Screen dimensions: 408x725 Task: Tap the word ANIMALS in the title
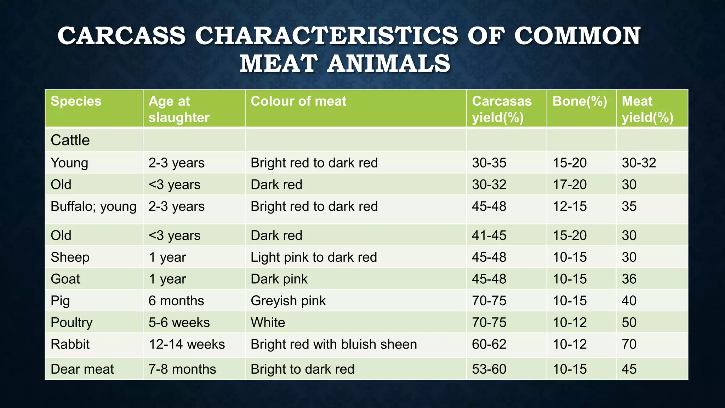(x=388, y=64)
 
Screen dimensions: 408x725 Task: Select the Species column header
(x=76, y=101)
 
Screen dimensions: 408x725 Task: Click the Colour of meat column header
(x=298, y=101)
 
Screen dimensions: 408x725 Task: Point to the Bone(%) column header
(x=580, y=101)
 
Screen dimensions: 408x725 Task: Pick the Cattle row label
(x=70, y=140)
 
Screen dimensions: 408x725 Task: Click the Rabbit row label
(x=70, y=344)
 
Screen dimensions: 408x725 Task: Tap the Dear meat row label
(x=82, y=369)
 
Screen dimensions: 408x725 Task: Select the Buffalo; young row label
(x=93, y=206)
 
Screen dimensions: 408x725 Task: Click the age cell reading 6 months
(x=176, y=301)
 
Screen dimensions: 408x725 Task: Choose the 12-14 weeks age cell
(x=187, y=344)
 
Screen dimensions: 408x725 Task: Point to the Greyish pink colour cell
(x=288, y=301)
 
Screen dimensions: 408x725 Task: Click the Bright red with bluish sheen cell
(x=333, y=344)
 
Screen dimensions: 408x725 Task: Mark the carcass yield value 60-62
(x=489, y=344)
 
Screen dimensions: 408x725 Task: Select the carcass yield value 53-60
(x=489, y=369)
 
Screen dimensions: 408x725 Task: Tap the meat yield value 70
(x=629, y=344)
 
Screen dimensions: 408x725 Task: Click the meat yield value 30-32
(x=639, y=163)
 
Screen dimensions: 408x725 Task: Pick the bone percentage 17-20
(x=570, y=185)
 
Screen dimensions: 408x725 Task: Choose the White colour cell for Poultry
(x=268, y=323)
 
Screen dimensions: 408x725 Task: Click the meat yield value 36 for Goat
(x=629, y=279)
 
